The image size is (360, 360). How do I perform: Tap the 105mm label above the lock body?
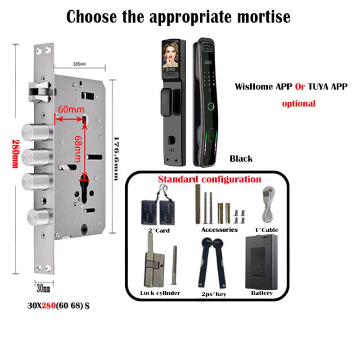point(79,64)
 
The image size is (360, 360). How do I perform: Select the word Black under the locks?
point(241,158)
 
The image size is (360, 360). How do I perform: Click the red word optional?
point(298,103)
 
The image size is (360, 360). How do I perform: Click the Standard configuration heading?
point(209,179)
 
